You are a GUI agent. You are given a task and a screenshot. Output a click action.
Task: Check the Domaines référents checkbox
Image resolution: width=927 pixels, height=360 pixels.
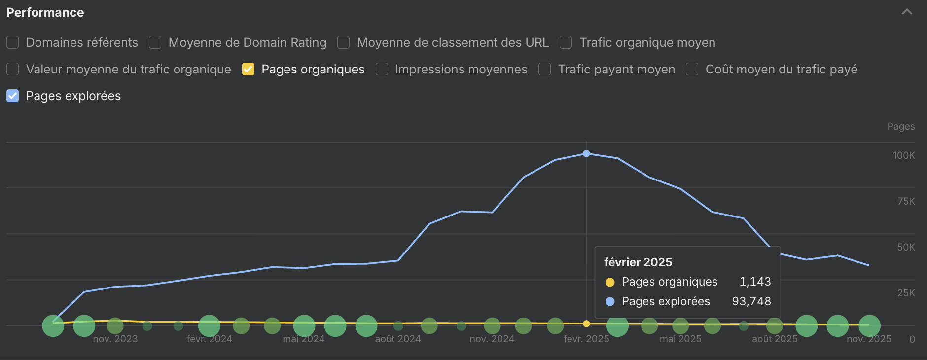13,42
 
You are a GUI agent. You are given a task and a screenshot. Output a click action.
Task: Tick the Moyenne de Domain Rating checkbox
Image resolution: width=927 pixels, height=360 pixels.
155,42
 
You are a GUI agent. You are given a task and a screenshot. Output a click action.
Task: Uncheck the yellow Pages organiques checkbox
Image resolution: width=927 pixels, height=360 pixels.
248,69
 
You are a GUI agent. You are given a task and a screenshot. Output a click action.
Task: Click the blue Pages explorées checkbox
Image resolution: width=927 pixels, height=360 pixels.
13,96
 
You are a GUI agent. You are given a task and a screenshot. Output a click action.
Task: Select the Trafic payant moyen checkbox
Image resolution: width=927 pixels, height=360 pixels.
545,69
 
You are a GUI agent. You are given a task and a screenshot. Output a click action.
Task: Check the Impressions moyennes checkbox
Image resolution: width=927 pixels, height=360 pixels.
382,69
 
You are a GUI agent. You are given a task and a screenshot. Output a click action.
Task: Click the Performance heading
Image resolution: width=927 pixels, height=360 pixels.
45,12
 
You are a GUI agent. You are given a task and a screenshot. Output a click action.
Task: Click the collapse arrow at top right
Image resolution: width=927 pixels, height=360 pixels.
907,12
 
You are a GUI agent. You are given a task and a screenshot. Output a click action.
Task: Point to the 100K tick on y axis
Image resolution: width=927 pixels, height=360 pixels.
903,155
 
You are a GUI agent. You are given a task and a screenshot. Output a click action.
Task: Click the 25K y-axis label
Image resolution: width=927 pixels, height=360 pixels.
906,293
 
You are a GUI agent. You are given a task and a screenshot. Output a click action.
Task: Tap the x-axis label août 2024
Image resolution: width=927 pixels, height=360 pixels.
398,339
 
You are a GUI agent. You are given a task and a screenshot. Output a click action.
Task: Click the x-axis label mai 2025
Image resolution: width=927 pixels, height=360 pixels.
680,339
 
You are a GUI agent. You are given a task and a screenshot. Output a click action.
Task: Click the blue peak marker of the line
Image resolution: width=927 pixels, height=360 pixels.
586,153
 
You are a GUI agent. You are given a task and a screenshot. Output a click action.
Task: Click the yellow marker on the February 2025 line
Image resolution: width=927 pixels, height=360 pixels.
586,324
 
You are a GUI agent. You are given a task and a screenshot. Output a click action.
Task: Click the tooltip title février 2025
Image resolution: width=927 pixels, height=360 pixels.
638,262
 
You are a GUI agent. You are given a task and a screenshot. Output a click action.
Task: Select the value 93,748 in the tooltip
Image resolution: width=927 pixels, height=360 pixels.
751,301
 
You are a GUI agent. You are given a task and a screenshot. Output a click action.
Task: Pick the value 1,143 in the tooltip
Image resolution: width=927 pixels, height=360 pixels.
755,282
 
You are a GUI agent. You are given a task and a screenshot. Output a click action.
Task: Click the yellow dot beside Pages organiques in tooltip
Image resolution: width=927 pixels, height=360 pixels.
610,282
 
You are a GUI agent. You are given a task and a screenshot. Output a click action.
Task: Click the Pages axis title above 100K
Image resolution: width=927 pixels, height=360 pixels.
901,126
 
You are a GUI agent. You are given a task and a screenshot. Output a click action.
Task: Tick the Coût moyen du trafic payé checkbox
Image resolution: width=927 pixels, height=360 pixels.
692,69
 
